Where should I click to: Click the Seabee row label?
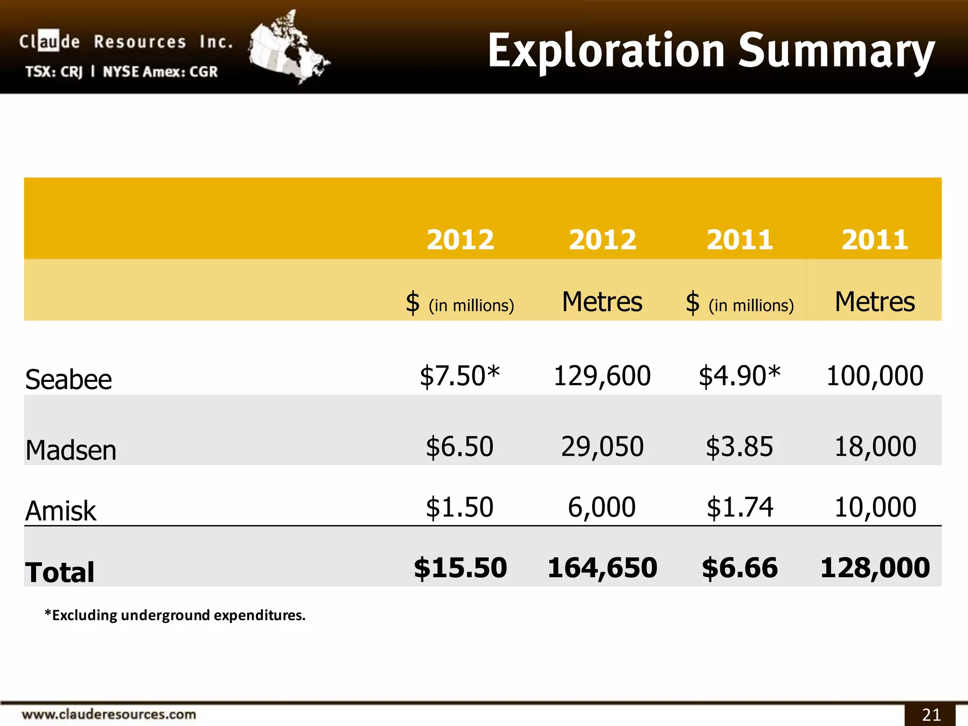click(x=69, y=380)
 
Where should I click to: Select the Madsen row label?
click(x=71, y=450)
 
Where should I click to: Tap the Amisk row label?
click(x=60, y=511)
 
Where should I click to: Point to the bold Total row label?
click(x=60, y=572)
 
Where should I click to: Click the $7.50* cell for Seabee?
click(x=459, y=376)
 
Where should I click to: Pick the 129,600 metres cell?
click(x=602, y=376)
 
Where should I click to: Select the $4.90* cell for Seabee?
click(x=739, y=376)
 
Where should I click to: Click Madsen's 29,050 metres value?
click(x=602, y=447)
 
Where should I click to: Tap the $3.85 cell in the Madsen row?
click(x=739, y=447)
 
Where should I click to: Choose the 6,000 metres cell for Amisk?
click(x=601, y=508)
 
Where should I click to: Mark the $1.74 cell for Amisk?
click(x=740, y=508)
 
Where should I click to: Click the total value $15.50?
click(x=460, y=568)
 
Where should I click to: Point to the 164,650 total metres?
click(x=602, y=568)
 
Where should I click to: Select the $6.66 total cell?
click(x=740, y=568)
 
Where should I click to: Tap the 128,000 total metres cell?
click(x=875, y=568)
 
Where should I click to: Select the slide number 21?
click(x=931, y=715)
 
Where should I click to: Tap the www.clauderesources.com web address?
click(x=109, y=714)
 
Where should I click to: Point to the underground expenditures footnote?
click(x=175, y=615)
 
